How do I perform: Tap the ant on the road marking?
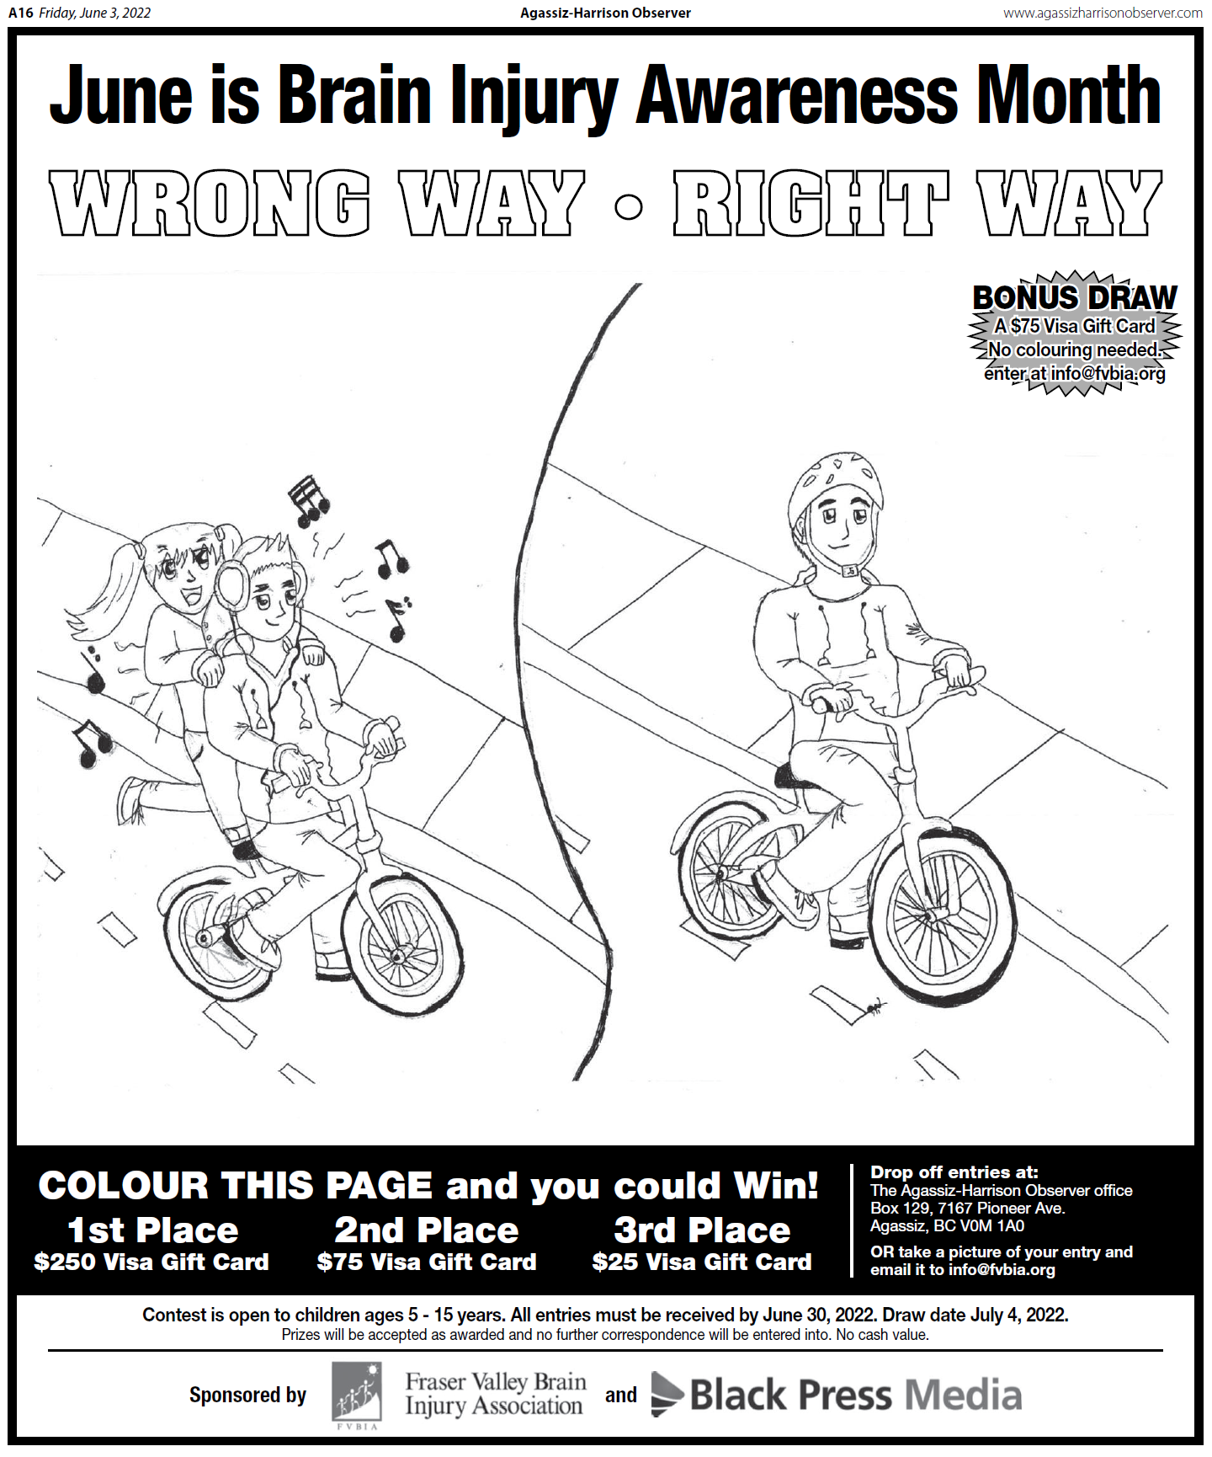(x=875, y=1005)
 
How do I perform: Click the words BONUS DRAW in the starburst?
(x=1074, y=297)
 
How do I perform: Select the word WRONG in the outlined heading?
(x=210, y=203)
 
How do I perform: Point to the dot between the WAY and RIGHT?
(x=629, y=207)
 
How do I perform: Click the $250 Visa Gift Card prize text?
(x=151, y=1262)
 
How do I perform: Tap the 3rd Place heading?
(x=702, y=1230)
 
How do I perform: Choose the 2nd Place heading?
(x=427, y=1230)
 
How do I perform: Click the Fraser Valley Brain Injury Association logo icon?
(x=357, y=1394)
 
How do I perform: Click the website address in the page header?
(x=1103, y=13)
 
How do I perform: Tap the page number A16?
(x=20, y=13)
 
